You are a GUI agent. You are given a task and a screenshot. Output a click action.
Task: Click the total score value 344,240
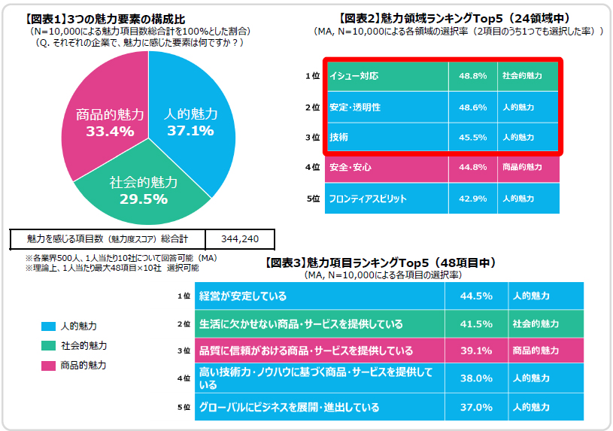pyautogui.click(x=240, y=238)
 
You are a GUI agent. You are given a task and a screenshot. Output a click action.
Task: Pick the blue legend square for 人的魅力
pyautogui.click(x=48, y=326)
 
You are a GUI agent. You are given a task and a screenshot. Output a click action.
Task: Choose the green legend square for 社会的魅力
pyautogui.click(x=48, y=346)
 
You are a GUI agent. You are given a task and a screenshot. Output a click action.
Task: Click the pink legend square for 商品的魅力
pyautogui.click(x=48, y=366)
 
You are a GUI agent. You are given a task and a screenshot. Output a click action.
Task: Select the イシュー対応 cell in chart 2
pyautogui.click(x=354, y=77)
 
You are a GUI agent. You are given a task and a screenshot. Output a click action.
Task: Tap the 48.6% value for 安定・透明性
pyautogui.click(x=472, y=108)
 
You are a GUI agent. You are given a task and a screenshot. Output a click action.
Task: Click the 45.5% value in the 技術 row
pyautogui.click(x=472, y=138)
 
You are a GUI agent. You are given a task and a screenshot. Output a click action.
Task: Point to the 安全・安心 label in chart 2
pyautogui.click(x=351, y=168)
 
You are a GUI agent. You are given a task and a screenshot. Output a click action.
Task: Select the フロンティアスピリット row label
pyautogui.click(x=369, y=199)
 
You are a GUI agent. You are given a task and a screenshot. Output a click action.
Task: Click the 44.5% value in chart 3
pyautogui.click(x=475, y=296)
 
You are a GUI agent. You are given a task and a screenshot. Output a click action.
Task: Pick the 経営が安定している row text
pyautogui.click(x=242, y=296)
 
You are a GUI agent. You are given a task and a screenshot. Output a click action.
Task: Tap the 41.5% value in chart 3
pyautogui.click(x=475, y=324)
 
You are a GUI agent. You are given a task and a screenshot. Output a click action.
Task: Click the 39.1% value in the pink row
pyautogui.click(x=475, y=351)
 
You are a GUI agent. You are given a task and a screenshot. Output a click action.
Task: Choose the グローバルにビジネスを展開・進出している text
pyautogui.click(x=289, y=407)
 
